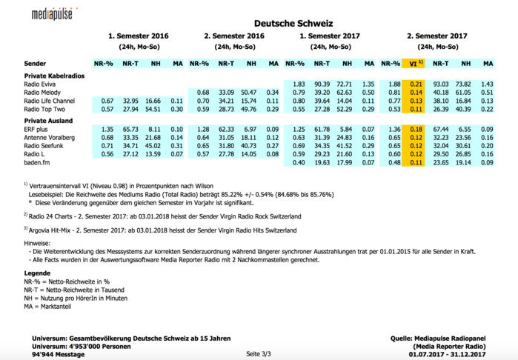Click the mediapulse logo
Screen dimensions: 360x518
coord(52,13)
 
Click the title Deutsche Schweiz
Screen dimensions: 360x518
coord(293,24)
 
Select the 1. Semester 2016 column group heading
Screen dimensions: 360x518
coord(138,36)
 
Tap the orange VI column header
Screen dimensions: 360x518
coord(416,64)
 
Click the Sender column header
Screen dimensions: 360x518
coord(35,64)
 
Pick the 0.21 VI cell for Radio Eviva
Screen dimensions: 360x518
coord(416,84)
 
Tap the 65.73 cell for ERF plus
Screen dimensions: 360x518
coord(130,129)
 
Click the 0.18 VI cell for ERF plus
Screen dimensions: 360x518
coord(416,129)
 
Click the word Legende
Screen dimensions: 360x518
coord(37,273)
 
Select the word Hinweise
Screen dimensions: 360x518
coord(37,242)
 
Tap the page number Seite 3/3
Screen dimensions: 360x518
coord(259,354)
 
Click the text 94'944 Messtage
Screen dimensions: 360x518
coord(58,355)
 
